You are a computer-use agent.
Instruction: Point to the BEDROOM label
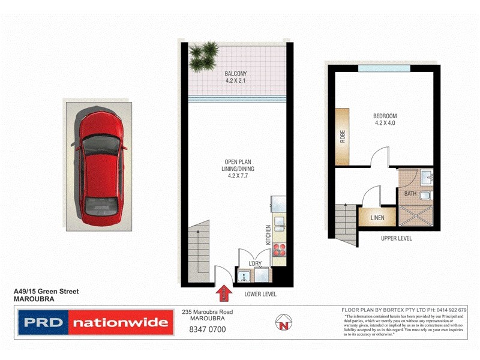pyautogui.click(x=385, y=116)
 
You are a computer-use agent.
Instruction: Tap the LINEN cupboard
pyautogui.click(x=377, y=217)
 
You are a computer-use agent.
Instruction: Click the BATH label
pyautogui.click(x=410, y=194)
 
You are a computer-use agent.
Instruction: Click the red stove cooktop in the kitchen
pyautogui.click(x=279, y=251)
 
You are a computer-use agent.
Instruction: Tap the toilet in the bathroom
pyautogui.click(x=425, y=196)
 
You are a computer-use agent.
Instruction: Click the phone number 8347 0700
pyautogui.click(x=207, y=329)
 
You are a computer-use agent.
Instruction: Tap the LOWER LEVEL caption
pyautogui.click(x=260, y=295)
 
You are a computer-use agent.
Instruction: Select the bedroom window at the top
pyautogui.click(x=384, y=67)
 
